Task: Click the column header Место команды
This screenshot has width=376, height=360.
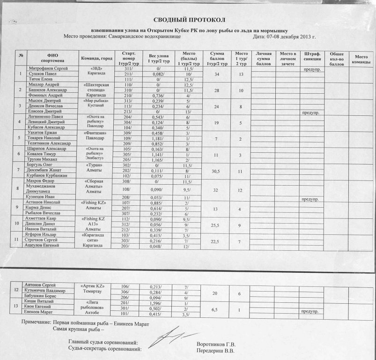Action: (x=361, y=59)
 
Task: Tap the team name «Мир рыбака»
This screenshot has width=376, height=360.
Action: (x=97, y=101)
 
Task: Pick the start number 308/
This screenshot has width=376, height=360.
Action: (x=126, y=181)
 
